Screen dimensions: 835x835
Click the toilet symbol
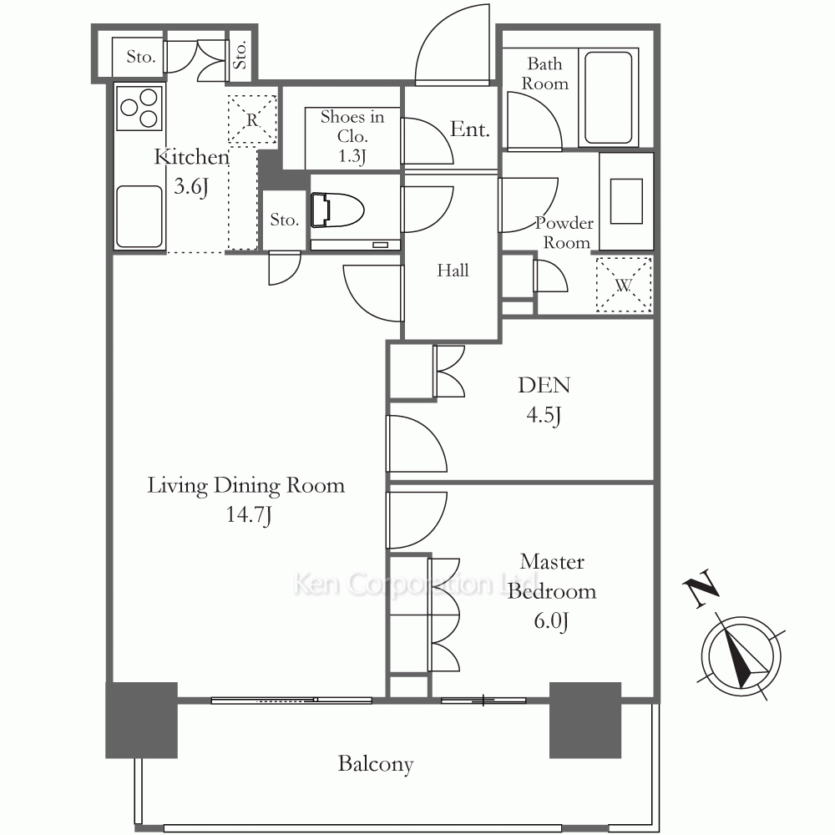(x=337, y=210)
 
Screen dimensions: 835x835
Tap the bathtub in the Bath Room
(x=608, y=97)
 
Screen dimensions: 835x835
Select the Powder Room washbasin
(x=626, y=201)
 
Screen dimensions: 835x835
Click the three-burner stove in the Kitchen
(x=139, y=107)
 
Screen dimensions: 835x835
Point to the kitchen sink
(x=139, y=216)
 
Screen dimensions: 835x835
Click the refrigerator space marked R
(x=252, y=119)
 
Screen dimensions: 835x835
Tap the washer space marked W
(x=624, y=285)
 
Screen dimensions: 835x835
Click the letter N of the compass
(x=701, y=588)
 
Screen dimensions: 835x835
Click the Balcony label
(x=376, y=764)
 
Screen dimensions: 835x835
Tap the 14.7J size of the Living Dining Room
(x=249, y=515)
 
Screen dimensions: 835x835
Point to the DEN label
(x=544, y=385)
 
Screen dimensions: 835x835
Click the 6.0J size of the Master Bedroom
(x=551, y=621)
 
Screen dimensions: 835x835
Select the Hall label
(x=453, y=271)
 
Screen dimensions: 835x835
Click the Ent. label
(x=469, y=129)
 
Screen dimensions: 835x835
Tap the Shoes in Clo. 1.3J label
(x=352, y=136)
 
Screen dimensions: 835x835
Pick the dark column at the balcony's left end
(x=141, y=720)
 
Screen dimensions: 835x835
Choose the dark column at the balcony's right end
(x=585, y=720)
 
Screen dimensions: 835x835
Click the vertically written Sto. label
(x=240, y=55)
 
